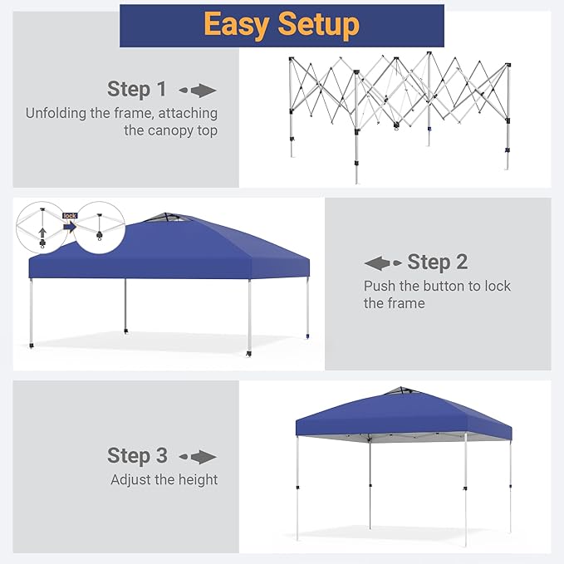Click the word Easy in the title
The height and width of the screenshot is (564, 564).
(237, 24)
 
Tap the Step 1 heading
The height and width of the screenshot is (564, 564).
(137, 89)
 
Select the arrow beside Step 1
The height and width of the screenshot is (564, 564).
(198, 91)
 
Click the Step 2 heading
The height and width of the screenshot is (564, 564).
(438, 262)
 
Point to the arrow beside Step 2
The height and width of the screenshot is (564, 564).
(383, 263)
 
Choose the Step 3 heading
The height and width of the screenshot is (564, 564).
(137, 456)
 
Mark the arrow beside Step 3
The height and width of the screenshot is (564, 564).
(198, 457)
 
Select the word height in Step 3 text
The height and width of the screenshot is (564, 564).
(199, 480)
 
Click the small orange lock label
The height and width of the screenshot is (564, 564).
(70, 216)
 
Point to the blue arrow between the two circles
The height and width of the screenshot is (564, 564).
(70, 227)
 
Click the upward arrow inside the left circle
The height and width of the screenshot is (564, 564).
(43, 232)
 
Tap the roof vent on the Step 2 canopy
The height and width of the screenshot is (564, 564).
(166, 218)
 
